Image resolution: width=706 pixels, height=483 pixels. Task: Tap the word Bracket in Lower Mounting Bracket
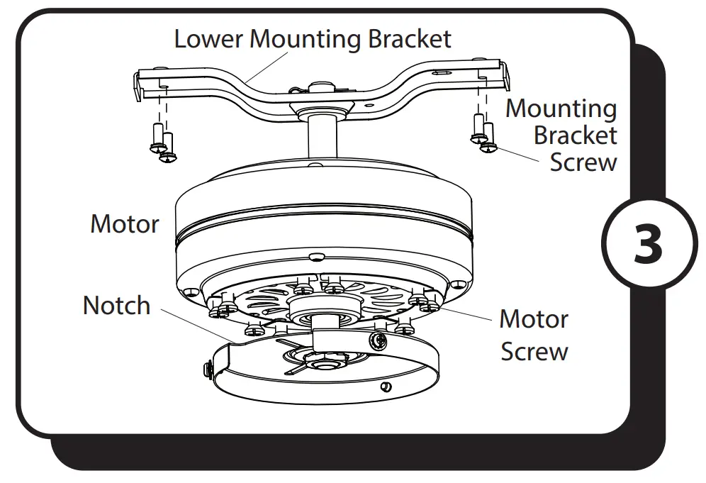pyautogui.click(x=409, y=38)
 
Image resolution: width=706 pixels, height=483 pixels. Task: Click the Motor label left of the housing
pyautogui.click(x=125, y=224)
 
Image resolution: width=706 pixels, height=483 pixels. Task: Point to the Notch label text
pyautogui.click(x=117, y=306)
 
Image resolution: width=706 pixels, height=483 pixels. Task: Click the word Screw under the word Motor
pyautogui.click(x=534, y=351)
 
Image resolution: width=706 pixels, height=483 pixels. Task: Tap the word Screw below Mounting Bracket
pyautogui.click(x=583, y=162)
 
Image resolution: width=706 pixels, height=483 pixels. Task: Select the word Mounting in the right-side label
pyautogui.click(x=561, y=109)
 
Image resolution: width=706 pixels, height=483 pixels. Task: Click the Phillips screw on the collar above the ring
pyautogui.click(x=377, y=341)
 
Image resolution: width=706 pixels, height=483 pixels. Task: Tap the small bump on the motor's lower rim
pyautogui.click(x=317, y=254)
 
